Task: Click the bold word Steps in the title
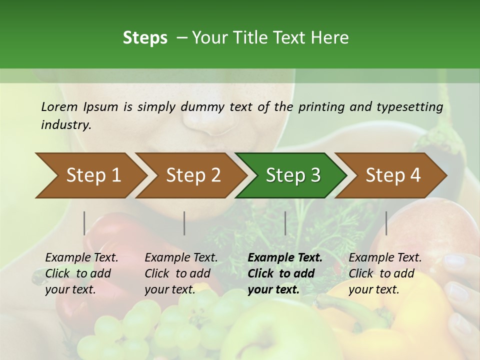145,38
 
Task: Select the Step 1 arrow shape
90,175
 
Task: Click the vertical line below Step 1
84,223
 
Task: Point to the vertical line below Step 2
184,223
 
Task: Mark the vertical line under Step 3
285,223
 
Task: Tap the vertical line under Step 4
386,223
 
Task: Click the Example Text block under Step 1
81,273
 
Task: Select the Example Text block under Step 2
181,273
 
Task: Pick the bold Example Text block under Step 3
285,273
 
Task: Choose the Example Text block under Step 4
385,273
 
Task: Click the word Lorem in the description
59,106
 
